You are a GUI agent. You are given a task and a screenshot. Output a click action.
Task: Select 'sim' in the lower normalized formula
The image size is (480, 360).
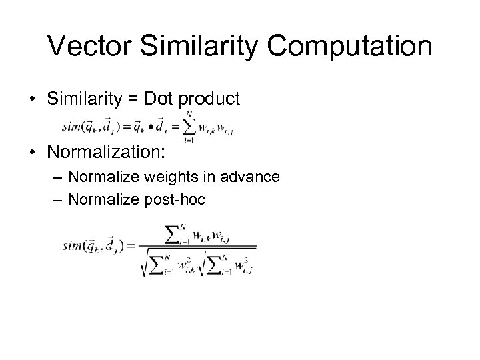click(x=74, y=245)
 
